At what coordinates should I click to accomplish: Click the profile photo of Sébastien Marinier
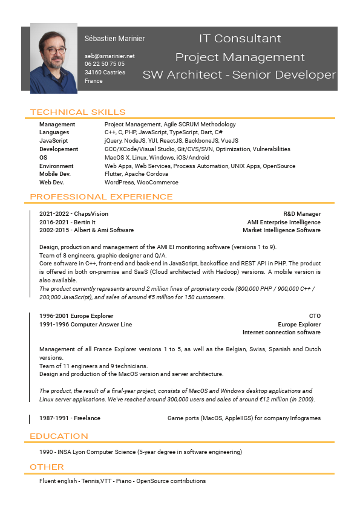pos(54,58)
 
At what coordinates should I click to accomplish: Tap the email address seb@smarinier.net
pos(110,56)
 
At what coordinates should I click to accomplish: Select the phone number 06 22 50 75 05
pos(105,63)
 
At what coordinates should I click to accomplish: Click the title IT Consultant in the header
pos(240,39)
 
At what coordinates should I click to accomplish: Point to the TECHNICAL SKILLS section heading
pos(77,112)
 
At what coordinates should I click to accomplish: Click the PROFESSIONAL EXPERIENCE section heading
pos(101,196)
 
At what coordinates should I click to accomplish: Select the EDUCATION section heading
pos(59,436)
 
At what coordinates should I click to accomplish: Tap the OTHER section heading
pos(47,467)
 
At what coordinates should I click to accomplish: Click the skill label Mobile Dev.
pos(55,174)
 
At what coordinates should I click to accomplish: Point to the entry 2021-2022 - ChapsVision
pos(74,214)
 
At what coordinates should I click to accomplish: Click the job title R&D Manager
pos(302,214)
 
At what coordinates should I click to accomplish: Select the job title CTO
pos(315,316)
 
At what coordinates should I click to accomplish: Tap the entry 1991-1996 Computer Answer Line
pos(85,325)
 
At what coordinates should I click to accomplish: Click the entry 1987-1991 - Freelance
pos(70,418)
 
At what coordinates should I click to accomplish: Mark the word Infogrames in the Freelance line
pos(303,418)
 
